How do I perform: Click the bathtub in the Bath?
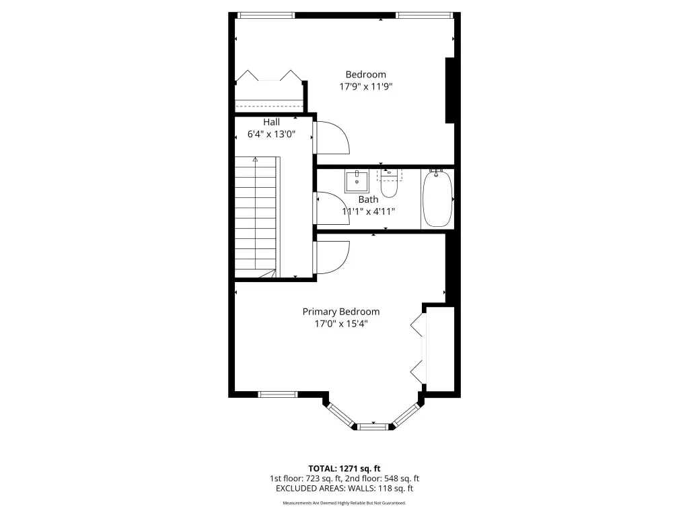pyautogui.click(x=437, y=199)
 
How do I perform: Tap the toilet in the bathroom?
pyautogui.click(x=389, y=183)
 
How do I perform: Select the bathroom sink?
pyautogui.click(x=357, y=181)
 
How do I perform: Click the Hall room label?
pyautogui.click(x=272, y=122)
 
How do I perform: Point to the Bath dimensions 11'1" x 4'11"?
pyautogui.click(x=368, y=211)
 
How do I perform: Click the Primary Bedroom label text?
pyautogui.click(x=341, y=312)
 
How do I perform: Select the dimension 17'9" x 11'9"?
pyautogui.click(x=365, y=87)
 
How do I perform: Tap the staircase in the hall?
pyautogui.click(x=256, y=217)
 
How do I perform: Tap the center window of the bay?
pyautogui.click(x=373, y=426)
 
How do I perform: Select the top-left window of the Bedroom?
pyautogui.click(x=266, y=15)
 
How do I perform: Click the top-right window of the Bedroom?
pyautogui.click(x=424, y=15)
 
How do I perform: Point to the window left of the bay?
pyautogui.click(x=278, y=394)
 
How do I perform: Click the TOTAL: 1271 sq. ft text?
pyautogui.click(x=344, y=469)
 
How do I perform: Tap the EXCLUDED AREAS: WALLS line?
pyautogui.click(x=344, y=489)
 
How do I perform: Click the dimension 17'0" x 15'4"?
pyautogui.click(x=341, y=324)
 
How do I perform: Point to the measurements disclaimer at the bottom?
pyautogui.click(x=344, y=503)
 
